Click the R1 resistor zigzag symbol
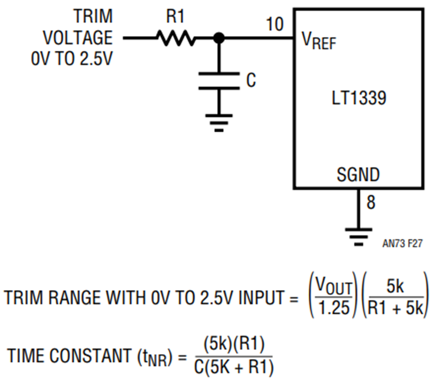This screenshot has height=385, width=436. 176,38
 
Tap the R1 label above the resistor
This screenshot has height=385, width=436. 175,16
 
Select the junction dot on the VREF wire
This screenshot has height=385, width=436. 219,38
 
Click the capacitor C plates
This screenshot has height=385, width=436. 219,80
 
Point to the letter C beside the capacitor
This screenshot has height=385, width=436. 251,80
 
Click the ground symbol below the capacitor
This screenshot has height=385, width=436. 219,123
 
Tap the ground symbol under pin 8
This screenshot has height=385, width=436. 358,238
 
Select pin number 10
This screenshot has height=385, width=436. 275,24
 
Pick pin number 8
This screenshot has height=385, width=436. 371,202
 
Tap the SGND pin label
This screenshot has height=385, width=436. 358,175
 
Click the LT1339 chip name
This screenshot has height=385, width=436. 359,98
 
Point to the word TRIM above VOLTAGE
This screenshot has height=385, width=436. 93,16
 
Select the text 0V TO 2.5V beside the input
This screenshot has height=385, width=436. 72,59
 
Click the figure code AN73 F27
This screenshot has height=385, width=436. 403,243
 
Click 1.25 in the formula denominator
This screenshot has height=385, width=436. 334,308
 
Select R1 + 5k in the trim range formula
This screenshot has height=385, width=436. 395,308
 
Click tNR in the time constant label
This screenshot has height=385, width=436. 155,358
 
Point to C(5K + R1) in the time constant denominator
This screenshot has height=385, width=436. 234,367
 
